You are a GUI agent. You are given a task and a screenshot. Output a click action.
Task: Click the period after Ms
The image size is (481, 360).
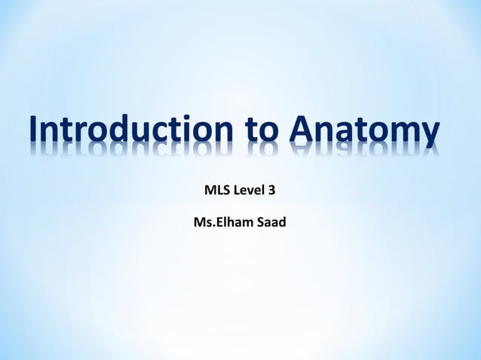coord(213,227)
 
